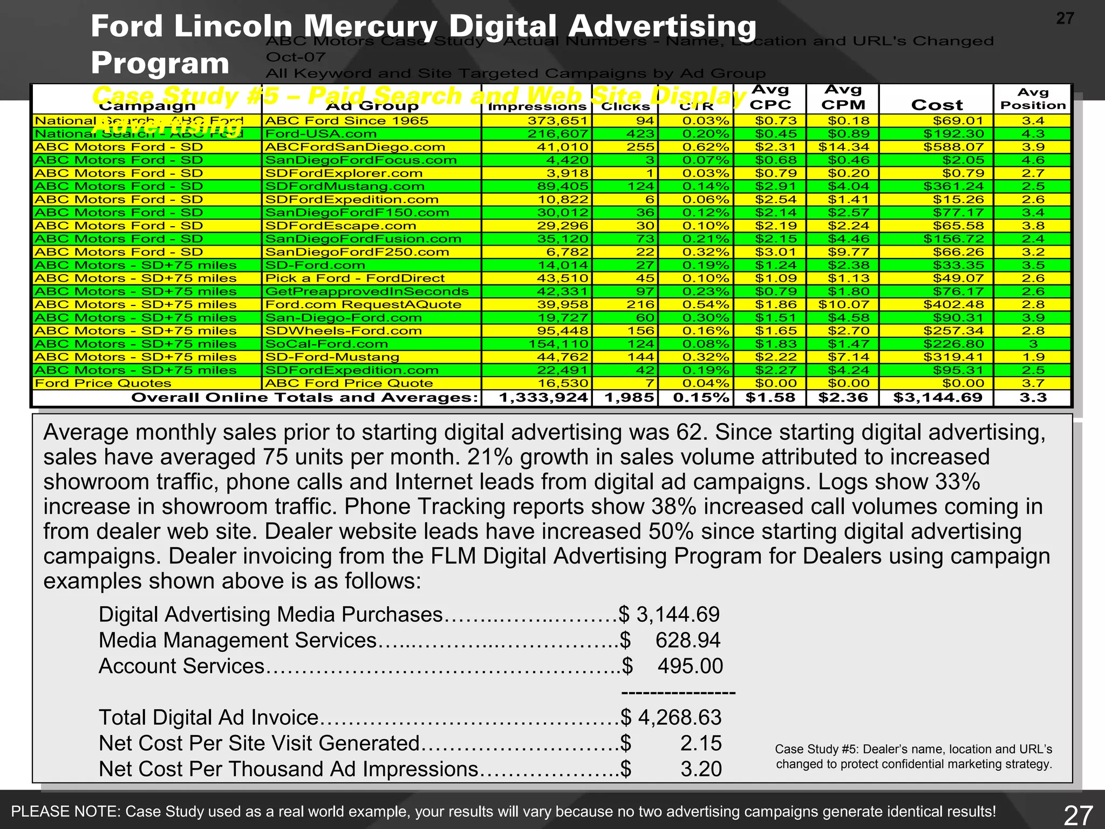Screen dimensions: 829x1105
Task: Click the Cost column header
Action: pyautogui.click(x=937, y=105)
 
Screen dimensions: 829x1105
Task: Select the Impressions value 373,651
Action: pyautogui.click(x=557, y=121)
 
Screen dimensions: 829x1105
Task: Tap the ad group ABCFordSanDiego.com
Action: pyautogui.click(x=355, y=147)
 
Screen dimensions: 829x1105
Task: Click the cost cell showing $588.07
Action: pyautogui.click(x=953, y=147)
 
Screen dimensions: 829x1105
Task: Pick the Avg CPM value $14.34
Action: pyautogui.click(x=843, y=147)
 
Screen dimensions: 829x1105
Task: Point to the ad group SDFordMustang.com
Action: pyautogui.click(x=345, y=186)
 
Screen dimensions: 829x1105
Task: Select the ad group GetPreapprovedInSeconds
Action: pyautogui.click(x=367, y=291)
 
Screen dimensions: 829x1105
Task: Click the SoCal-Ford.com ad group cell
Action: pyautogui.click(x=326, y=344)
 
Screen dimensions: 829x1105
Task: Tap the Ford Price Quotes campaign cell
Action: pyautogui.click(x=103, y=383)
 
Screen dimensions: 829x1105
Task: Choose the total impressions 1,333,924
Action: pyautogui.click(x=543, y=398)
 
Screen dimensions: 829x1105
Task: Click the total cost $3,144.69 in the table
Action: pyautogui.click(x=937, y=398)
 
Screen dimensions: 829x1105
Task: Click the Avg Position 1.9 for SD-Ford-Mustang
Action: pyautogui.click(x=1033, y=357)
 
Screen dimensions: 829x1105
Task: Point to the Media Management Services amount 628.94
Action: pyautogui.click(x=687, y=640)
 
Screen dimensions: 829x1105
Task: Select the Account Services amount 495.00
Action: pyautogui.click(x=690, y=666)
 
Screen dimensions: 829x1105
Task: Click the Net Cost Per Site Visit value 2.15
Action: pyautogui.click(x=700, y=743)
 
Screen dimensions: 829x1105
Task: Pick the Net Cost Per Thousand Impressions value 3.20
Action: pyautogui.click(x=700, y=769)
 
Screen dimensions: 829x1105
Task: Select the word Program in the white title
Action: pyautogui.click(x=160, y=63)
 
